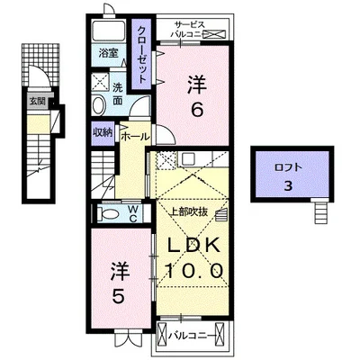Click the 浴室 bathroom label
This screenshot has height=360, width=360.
click(108, 54)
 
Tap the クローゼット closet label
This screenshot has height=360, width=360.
click(142, 55)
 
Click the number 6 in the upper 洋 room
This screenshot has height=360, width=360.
click(197, 110)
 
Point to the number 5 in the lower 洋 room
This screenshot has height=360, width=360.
click(118, 296)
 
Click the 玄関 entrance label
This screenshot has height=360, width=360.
click(37, 101)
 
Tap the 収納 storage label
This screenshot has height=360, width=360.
click(103, 132)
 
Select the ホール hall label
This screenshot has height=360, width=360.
click(135, 137)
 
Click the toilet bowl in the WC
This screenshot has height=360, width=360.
click(108, 214)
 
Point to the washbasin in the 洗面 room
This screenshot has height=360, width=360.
click(98, 105)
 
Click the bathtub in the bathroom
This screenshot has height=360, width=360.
click(109, 31)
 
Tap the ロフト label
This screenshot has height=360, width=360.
click(288, 167)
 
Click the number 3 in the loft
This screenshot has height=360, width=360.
click(288, 186)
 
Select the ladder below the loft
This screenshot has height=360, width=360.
click(320, 212)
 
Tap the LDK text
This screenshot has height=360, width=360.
click(193, 245)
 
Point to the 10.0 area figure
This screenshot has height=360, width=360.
click(194, 271)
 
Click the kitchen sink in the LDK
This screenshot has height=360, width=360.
click(188, 158)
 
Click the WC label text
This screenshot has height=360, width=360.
click(133, 213)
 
